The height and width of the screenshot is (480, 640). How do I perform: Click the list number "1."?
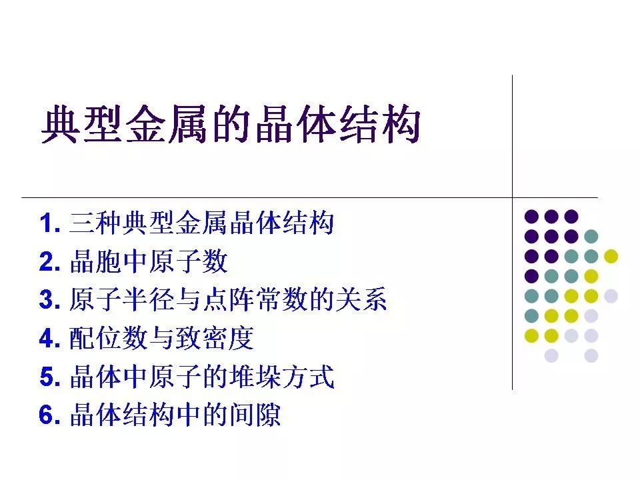pos(50,223)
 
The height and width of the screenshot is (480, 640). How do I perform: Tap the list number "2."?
pos(50,261)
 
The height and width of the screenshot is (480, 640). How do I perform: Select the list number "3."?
pos(50,299)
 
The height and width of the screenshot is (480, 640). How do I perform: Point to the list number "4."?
pos(50,338)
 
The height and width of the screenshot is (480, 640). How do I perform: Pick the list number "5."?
pos(50,376)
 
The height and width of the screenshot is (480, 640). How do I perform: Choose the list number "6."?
pos(50,415)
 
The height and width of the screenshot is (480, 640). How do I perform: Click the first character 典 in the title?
pos(61,124)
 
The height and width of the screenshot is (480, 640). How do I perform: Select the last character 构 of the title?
pos(401,124)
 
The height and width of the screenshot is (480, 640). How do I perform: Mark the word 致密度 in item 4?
pos(215,338)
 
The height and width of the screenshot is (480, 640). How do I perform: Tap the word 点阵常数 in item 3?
pos(254,299)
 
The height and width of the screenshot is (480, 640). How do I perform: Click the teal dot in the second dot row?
pos(591,236)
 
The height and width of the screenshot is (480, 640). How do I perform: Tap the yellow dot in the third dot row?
pos(611,256)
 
